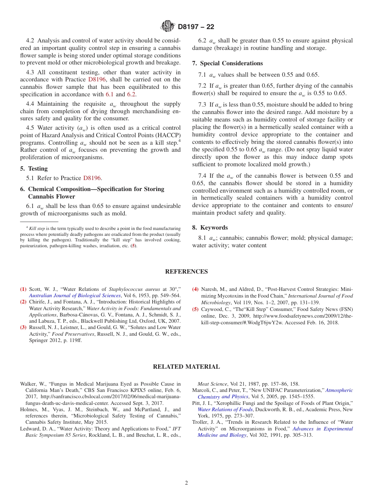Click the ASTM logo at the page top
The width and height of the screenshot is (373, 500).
click(x=168, y=27)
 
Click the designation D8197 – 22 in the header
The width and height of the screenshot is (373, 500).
click(x=196, y=27)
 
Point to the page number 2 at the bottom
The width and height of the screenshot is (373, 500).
click(x=186, y=483)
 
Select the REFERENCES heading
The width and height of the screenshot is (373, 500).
click(x=186, y=272)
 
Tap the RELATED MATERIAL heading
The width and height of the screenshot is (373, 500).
click(x=186, y=367)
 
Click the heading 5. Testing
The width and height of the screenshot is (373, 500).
click(x=34, y=169)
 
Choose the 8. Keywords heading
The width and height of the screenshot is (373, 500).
click(x=210, y=228)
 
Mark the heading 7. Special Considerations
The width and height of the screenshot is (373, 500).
click(x=227, y=63)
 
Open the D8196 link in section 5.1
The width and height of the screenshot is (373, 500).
click(x=93, y=178)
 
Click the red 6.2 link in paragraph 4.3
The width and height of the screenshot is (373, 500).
click(x=131, y=94)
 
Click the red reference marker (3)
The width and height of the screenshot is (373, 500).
click(x=24, y=327)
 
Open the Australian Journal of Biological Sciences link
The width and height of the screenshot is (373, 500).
click(x=75, y=296)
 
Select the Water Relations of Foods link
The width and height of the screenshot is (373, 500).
click(x=225, y=410)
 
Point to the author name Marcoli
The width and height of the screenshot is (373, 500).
click(x=203, y=390)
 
